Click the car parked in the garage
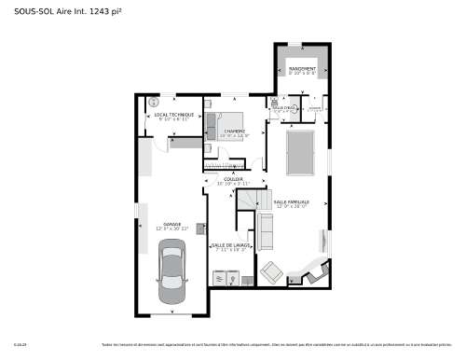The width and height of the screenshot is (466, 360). pyautogui.click(x=171, y=272)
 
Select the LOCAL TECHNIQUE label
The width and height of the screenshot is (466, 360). pyautogui.click(x=174, y=116)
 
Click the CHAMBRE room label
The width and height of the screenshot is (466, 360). pyautogui.click(x=233, y=132)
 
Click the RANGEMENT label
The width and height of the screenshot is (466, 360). pyautogui.click(x=301, y=69)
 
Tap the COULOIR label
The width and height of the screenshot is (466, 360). pyautogui.click(x=233, y=179)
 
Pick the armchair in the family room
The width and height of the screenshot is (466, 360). pyautogui.click(x=271, y=273)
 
